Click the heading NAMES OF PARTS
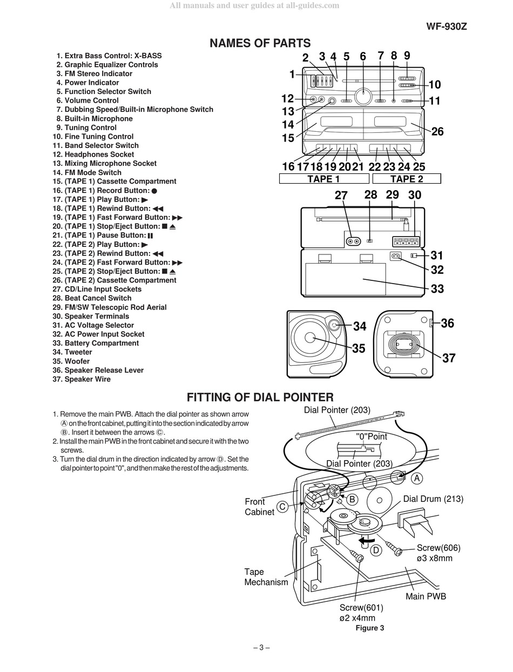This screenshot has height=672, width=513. (x=260, y=43)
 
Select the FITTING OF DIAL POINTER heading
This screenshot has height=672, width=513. (x=260, y=398)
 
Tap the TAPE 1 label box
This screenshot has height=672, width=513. (x=323, y=179)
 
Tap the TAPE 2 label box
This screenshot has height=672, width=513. (x=407, y=179)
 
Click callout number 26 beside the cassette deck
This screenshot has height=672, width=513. (x=437, y=131)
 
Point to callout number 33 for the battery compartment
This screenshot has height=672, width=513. (x=437, y=288)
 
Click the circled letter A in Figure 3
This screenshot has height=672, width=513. (x=416, y=478)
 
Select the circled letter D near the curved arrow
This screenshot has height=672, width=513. (x=376, y=550)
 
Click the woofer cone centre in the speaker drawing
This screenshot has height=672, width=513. (x=310, y=338)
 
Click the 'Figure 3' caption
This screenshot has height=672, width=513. (x=370, y=628)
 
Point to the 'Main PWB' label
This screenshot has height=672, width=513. (x=426, y=596)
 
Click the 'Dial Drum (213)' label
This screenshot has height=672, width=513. (x=433, y=499)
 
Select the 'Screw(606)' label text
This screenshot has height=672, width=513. (x=438, y=548)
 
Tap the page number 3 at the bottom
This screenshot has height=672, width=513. (x=261, y=648)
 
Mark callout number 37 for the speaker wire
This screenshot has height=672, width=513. (x=449, y=358)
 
